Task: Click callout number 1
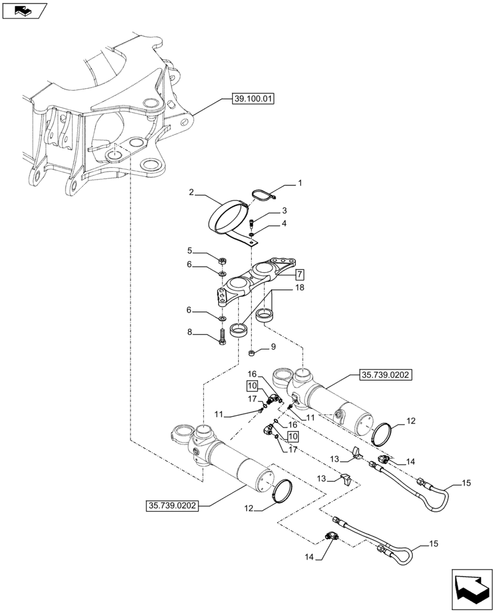click(300, 183)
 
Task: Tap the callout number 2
click(191, 192)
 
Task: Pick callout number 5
click(190, 251)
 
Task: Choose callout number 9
click(273, 347)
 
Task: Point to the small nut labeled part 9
click(251, 353)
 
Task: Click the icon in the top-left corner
click(25, 10)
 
